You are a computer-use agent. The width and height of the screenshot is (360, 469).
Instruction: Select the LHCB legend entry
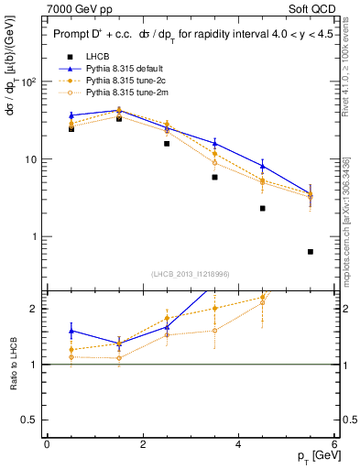pyautogui.click(x=86, y=57)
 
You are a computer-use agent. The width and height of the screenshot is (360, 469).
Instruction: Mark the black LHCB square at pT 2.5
pyautogui.click(x=167, y=144)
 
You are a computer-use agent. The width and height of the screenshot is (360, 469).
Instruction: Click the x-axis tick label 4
pyautogui.click(x=238, y=444)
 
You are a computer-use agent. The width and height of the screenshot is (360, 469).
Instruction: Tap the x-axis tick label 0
pyautogui.click(x=47, y=444)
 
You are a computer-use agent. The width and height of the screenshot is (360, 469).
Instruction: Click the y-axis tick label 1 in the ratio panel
pyautogui.click(x=34, y=365)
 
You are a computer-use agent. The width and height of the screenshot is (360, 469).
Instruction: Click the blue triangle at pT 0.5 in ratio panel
pyautogui.click(x=71, y=331)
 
